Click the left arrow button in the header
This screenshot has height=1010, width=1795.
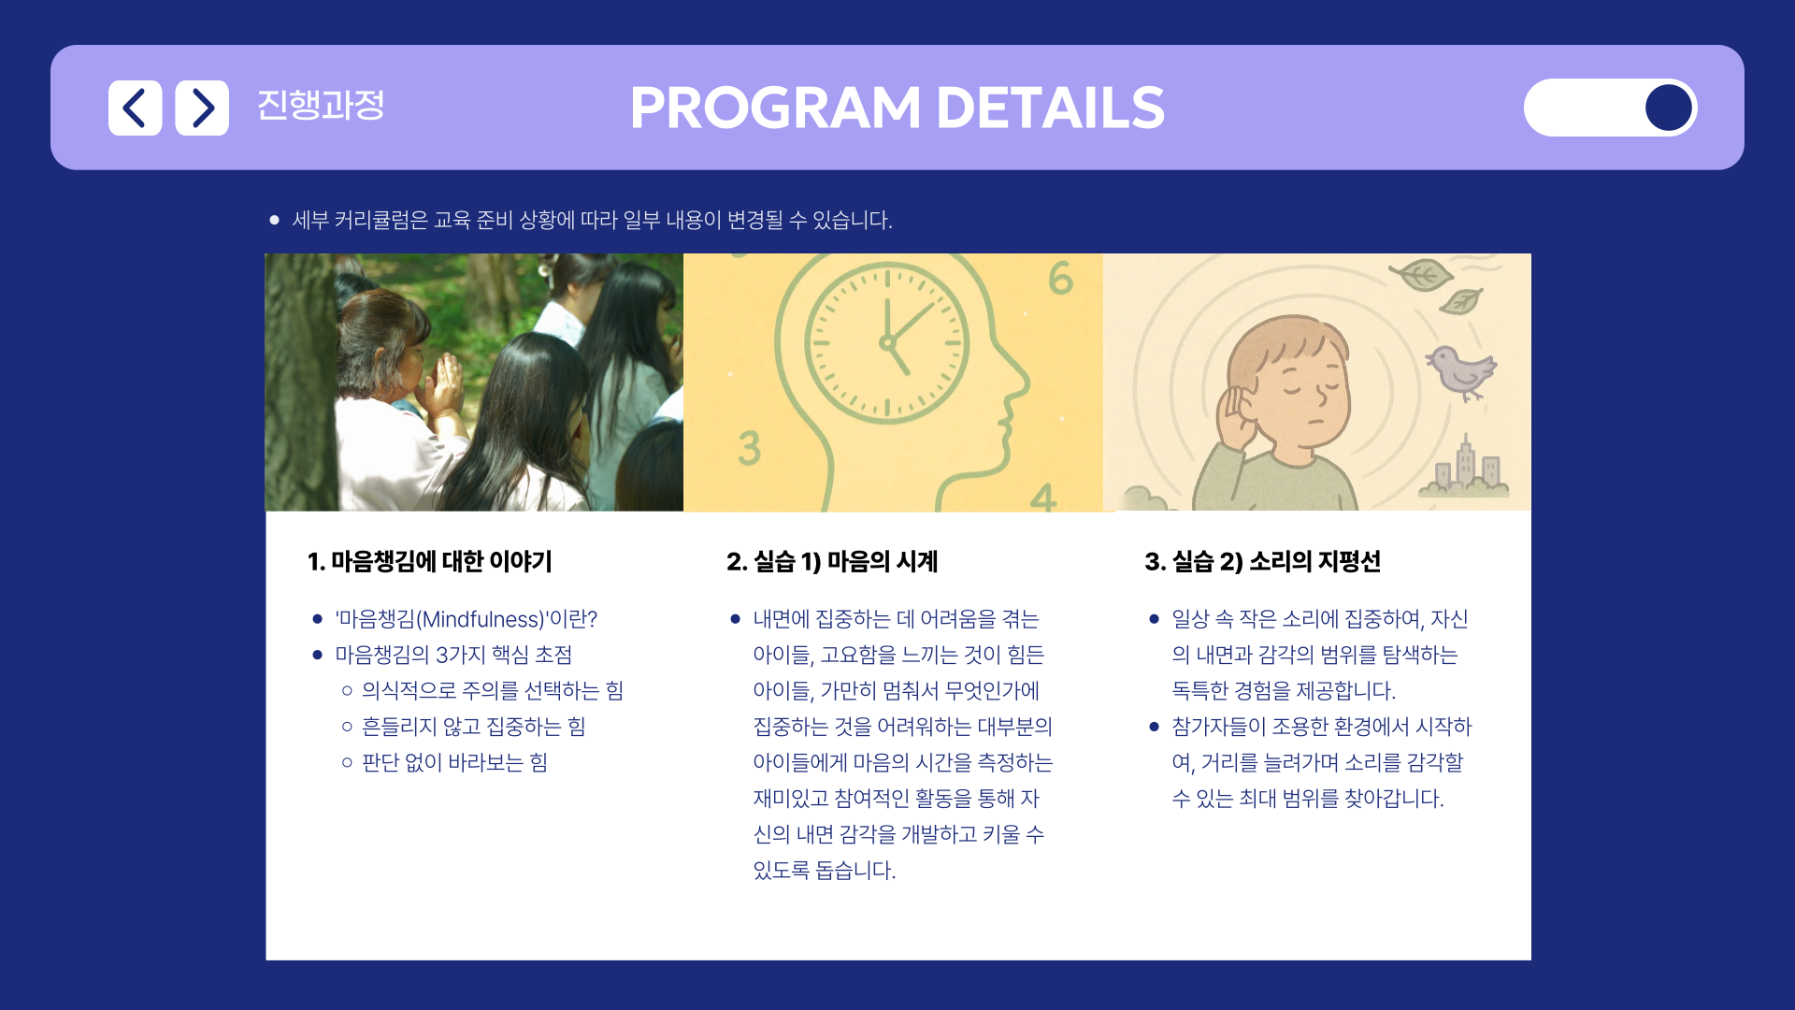click(135, 108)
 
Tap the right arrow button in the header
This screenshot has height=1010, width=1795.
click(202, 108)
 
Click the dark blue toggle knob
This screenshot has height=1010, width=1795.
click(1669, 108)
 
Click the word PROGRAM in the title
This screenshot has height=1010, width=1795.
click(776, 108)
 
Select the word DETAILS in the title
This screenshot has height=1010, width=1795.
click(1050, 108)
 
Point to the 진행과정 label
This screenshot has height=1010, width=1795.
click(321, 105)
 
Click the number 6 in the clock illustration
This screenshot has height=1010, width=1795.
click(1060, 279)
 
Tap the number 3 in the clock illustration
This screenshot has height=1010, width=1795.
click(749, 448)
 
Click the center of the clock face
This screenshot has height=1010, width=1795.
click(887, 342)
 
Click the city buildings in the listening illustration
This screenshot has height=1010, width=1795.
click(1465, 468)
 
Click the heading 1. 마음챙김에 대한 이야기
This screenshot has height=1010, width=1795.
click(430, 561)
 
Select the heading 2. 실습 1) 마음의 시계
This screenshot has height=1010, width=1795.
click(832, 561)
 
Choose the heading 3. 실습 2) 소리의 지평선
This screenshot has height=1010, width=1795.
click(1263, 561)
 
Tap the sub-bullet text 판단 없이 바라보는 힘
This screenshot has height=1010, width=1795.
click(454, 762)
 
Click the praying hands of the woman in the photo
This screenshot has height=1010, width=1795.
click(440, 383)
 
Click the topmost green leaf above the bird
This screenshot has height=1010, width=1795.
click(1420, 275)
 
